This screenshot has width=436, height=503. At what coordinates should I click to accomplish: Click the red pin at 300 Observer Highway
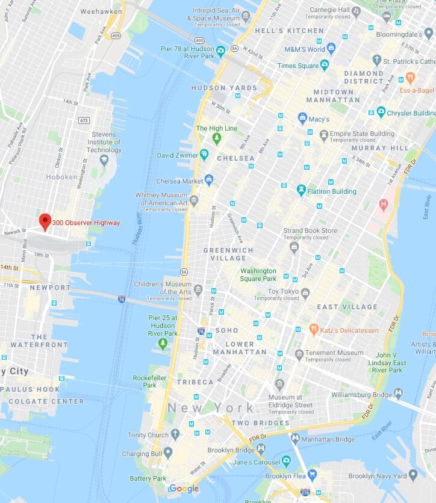[x=45, y=221]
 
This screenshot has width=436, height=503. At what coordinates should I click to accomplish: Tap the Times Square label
[x=299, y=65]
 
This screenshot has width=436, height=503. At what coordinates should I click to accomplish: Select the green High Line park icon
[x=217, y=139]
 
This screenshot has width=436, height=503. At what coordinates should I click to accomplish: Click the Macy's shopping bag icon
[x=302, y=119]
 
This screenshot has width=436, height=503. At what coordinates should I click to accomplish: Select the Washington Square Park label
[x=258, y=275]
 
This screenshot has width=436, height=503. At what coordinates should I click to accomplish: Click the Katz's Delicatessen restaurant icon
[x=314, y=329]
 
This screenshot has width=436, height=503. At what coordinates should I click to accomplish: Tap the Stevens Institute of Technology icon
[x=104, y=159]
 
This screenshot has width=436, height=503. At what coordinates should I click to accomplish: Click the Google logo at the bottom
[x=184, y=489]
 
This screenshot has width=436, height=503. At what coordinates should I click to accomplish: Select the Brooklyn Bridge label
[x=231, y=449]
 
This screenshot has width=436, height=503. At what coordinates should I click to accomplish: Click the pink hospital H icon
[x=382, y=205]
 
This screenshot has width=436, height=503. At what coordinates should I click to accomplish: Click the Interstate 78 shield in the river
[x=122, y=298]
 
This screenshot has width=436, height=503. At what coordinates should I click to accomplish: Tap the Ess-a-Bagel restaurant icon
[x=410, y=78]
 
